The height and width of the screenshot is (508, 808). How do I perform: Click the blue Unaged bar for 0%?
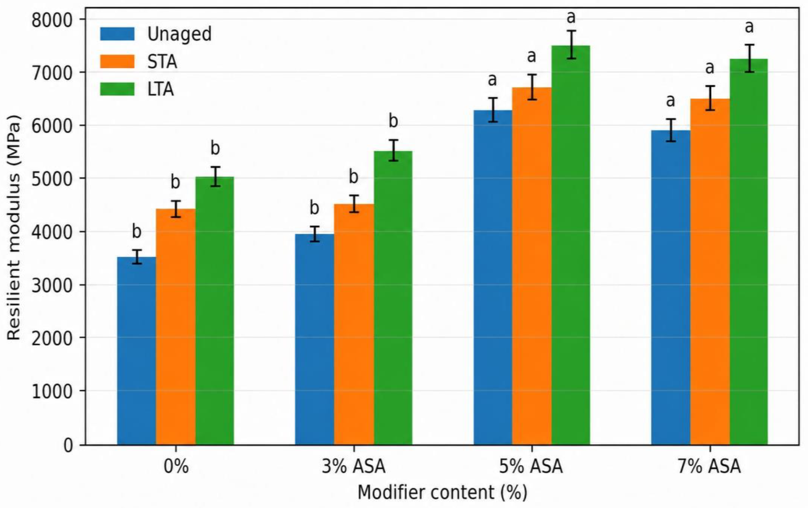(136, 351)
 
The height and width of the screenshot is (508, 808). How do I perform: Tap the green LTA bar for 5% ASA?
(571, 245)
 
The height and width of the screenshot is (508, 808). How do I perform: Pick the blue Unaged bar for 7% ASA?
(671, 288)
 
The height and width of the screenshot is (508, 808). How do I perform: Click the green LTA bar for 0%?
(215, 311)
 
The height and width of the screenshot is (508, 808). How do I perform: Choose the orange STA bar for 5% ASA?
(532, 266)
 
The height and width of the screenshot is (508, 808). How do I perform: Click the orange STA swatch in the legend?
(117, 62)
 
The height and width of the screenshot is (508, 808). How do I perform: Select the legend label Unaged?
(179, 34)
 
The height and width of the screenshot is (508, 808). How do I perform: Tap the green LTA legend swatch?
(117, 89)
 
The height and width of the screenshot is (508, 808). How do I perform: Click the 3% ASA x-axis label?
(354, 466)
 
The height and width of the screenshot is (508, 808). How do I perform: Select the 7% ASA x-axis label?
(709, 466)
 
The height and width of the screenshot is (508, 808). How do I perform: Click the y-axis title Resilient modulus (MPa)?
(14, 227)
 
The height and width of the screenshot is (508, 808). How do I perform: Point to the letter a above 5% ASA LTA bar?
(571, 17)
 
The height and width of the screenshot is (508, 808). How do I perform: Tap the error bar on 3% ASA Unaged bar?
(314, 234)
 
